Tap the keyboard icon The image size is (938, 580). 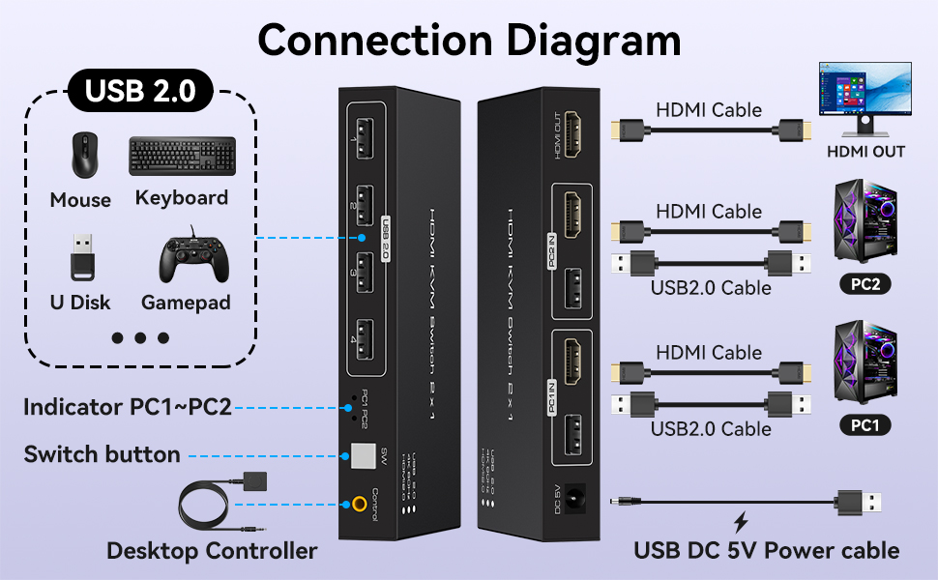pos(182,156)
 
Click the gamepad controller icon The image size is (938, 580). pos(191,258)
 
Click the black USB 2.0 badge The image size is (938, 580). pos(140,91)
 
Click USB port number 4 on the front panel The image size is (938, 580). pos(365,342)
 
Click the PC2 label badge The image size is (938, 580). pos(865,285)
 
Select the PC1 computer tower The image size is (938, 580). pos(865,367)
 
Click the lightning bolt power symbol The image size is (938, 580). pos(741,523)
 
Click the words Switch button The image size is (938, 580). pos(102,454)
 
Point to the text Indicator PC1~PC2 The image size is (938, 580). pos(127,407)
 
